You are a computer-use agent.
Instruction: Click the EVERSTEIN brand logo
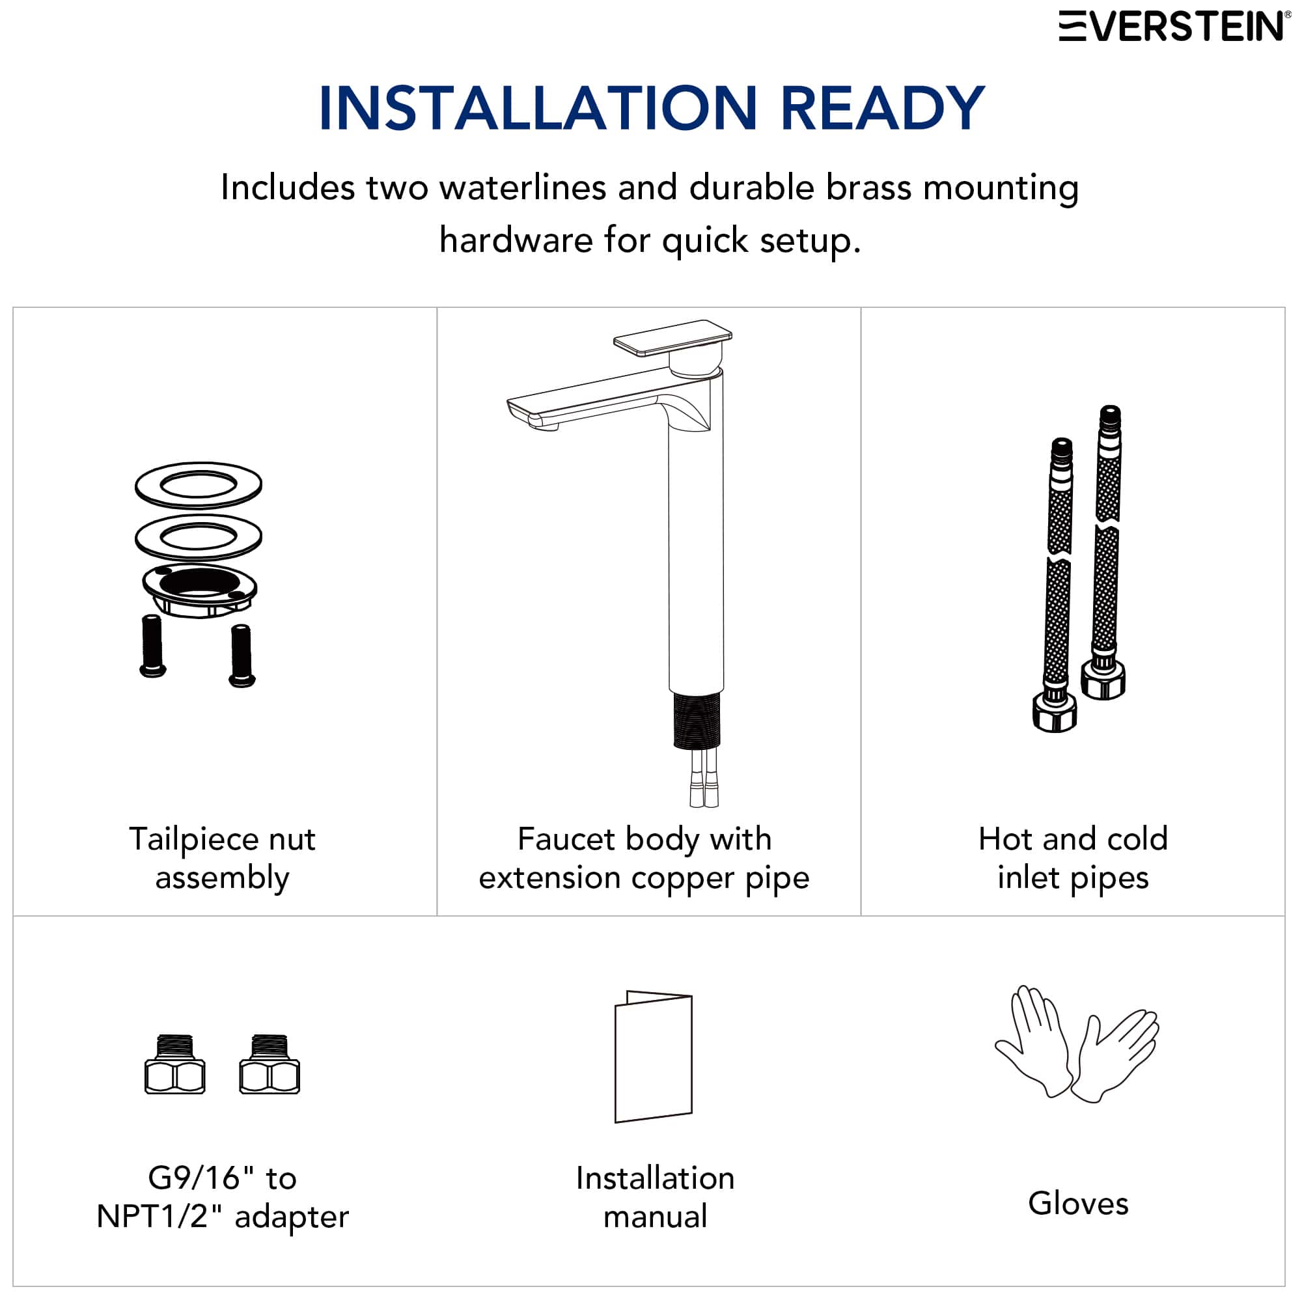coord(1172,26)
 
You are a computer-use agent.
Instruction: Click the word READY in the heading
coord(882,108)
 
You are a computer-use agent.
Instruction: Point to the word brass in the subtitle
coord(869,187)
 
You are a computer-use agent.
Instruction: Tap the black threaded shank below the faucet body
coord(697,721)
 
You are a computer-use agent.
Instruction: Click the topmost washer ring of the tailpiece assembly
coord(198,484)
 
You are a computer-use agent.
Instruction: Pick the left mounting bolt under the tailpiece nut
coord(152,645)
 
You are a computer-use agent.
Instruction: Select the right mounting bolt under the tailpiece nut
coord(242,655)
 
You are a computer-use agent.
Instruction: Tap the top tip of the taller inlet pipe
coord(1110,413)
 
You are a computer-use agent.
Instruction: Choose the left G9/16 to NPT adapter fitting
coord(174,1065)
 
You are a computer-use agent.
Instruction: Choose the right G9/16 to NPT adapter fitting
coord(270,1065)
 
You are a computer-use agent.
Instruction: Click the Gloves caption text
coord(1077,1204)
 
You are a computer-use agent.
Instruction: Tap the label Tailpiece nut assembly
coord(223,858)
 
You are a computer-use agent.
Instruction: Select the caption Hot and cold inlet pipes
coord(1073,858)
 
